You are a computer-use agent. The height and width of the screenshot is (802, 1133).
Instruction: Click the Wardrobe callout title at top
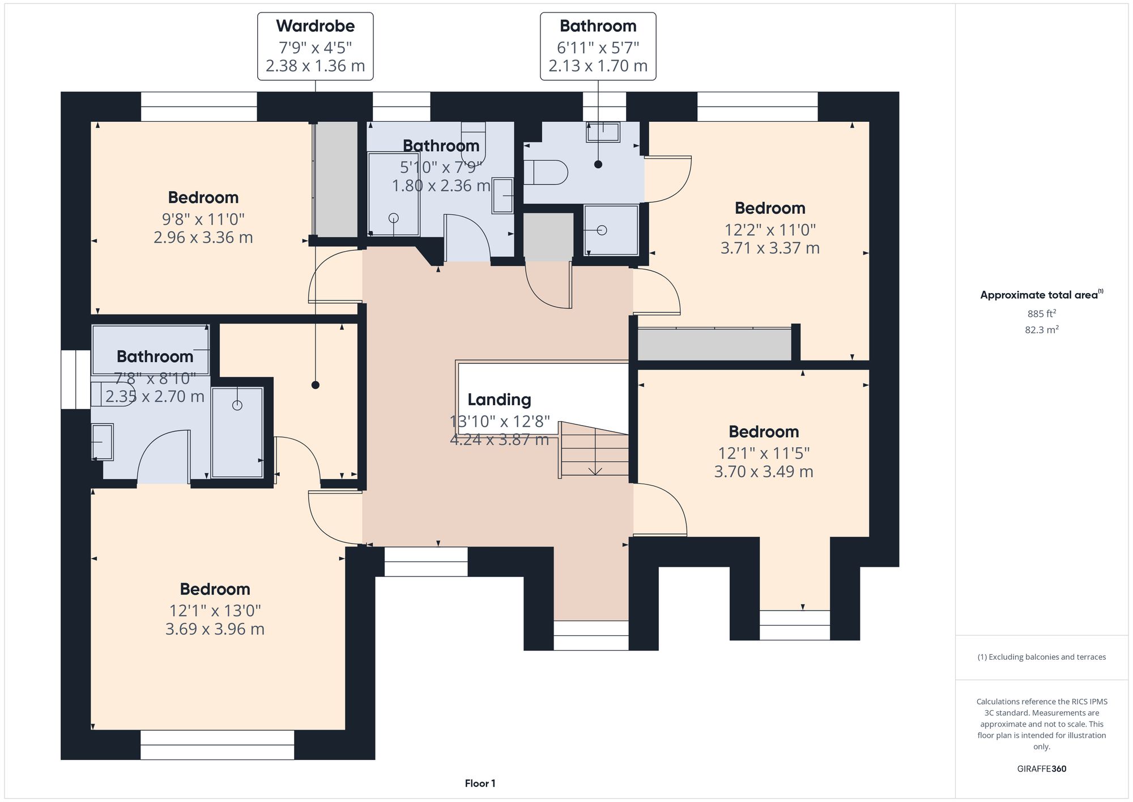[315, 26]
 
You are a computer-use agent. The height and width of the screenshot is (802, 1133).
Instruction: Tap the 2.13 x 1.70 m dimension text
[598, 66]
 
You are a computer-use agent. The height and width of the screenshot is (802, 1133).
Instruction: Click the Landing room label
[499, 400]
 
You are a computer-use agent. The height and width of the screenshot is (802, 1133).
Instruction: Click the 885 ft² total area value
[1041, 313]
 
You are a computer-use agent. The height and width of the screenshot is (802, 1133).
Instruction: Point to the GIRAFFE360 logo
[1041, 769]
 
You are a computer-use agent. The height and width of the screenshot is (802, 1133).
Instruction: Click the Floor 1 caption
[480, 783]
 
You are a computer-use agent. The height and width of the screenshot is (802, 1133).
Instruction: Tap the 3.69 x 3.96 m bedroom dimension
[215, 629]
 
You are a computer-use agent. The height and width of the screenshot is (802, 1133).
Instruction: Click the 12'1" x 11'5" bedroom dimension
[764, 453]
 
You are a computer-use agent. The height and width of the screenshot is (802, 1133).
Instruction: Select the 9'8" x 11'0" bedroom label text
[203, 219]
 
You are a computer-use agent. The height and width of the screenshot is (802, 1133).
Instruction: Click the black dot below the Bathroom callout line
[598, 164]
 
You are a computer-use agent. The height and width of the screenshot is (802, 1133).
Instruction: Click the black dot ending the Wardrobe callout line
[316, 385]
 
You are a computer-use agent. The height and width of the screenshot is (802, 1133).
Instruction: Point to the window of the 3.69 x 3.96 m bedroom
[217, 744]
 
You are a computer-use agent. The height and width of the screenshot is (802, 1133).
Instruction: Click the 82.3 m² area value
[1041, 329]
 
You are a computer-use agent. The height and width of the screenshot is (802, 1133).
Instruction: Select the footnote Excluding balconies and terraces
[1041, 657]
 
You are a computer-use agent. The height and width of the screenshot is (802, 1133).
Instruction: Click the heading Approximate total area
[1038, 295]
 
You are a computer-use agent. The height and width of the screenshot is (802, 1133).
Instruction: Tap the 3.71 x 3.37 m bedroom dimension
[770, 248]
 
